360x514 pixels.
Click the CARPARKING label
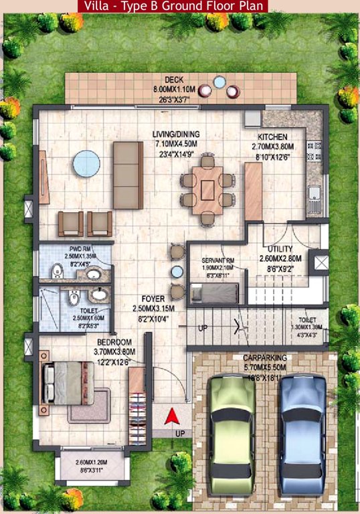265,358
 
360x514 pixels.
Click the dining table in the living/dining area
208,189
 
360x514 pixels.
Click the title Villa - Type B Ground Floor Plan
173,6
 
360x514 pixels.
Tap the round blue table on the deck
219,82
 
